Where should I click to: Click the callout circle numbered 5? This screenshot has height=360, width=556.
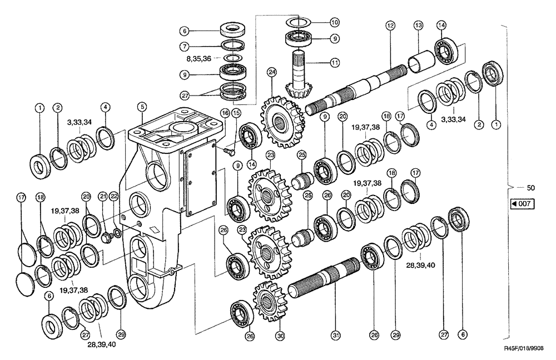142,106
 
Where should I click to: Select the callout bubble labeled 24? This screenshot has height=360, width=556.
271,72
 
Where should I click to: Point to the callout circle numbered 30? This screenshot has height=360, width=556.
280,336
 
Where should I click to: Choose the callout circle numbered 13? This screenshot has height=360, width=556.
419,26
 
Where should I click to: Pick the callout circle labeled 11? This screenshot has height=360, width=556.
334,63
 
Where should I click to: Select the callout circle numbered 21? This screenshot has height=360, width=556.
102,196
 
